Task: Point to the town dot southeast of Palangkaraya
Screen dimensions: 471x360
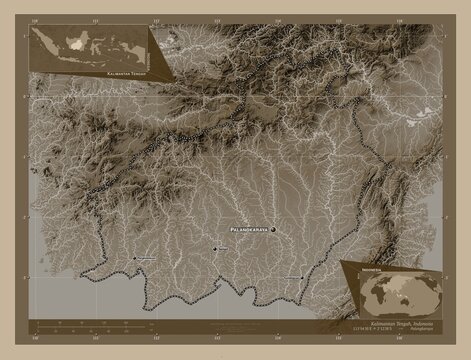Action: coord(302,275)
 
